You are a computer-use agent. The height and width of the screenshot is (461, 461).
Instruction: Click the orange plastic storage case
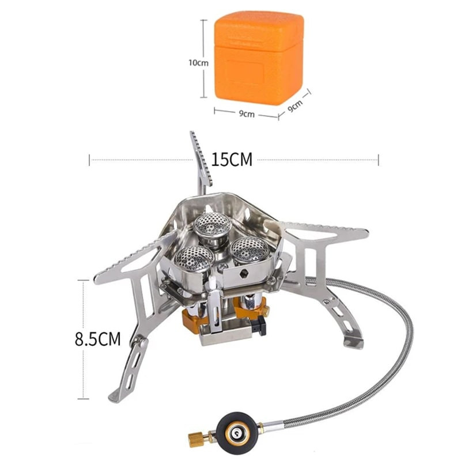tap(258, 58)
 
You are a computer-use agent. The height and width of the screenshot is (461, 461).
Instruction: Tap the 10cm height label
tap(198, 63)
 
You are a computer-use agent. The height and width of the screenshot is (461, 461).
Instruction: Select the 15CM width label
tap(232, 160)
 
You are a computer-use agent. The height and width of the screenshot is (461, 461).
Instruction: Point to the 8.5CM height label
tap(97, 338)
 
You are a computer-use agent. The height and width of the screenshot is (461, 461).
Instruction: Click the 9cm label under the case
tap(247, 114)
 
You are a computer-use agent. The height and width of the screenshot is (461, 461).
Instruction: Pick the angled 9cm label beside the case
tap(295, 106)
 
